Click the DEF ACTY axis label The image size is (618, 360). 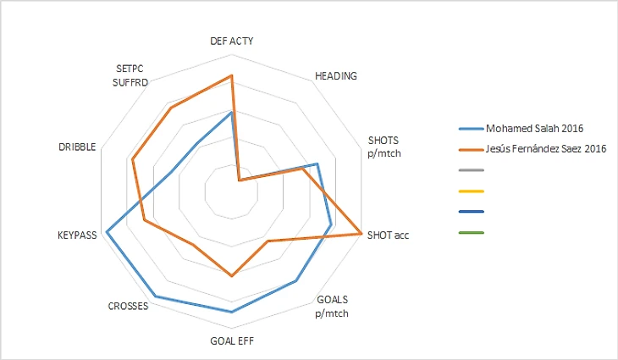tap(231, 40)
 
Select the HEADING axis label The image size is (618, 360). tap(335, 75)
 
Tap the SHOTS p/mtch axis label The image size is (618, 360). tap(384, 146)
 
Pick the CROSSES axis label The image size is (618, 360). tap(129, 306)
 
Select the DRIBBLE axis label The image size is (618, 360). tap(77, 147)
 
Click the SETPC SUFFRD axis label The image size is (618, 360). tap(131, 75)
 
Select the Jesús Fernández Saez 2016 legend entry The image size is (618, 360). tap(545, 148)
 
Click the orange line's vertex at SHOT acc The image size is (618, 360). tap(361, 232)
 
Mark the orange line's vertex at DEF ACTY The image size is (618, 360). tap(232, 75)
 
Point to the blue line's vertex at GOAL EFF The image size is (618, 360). tap(232, 312)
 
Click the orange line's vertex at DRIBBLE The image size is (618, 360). tap(133, 158)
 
